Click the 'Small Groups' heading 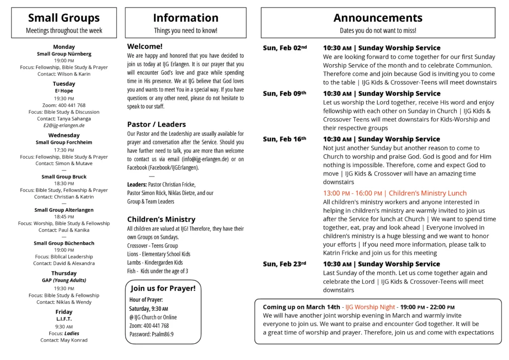tap(64, 18)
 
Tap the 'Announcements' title tap(378, 18)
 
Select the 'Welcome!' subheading tap(142, 46)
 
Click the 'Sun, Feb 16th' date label tap(284, 139)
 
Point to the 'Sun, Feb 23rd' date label tap(284, 264)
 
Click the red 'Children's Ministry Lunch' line tap(395, 193)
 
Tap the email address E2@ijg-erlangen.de tap(64, 125)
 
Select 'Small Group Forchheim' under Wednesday tap(64, 142)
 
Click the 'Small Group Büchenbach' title tap(64, 243)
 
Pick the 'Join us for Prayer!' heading tap(163, 288)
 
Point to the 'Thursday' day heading tap(64, 273)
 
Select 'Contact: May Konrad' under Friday tap(64, 340)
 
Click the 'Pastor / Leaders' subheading tap(157, 124)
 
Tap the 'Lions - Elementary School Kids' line tap(159, 254)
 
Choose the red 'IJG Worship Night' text tap(370, 307)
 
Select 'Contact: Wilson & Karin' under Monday tap(64, 74)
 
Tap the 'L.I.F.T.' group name tap(64, 318)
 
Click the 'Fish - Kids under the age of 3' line tap(158, 271)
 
